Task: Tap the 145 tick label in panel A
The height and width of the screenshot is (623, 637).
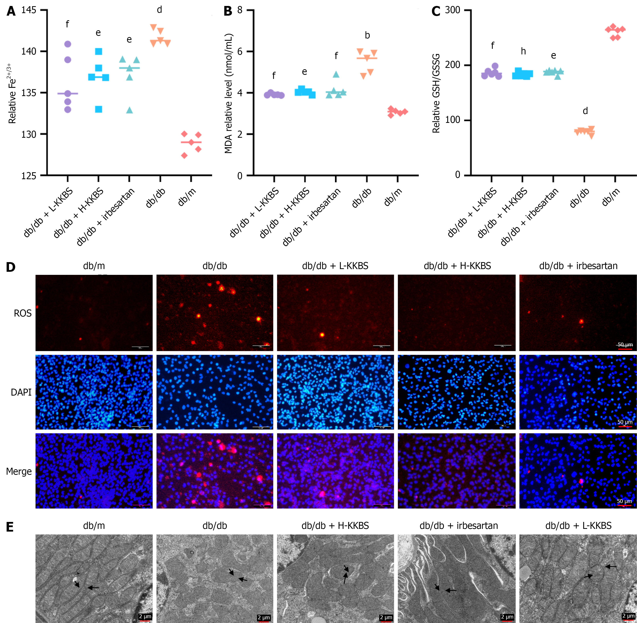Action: coord(29,10)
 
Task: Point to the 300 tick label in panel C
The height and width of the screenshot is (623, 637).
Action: coord(453,10)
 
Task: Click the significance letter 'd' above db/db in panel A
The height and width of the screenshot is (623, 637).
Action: coord(159,10)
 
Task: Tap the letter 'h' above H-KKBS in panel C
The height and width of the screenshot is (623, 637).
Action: coord(523,51)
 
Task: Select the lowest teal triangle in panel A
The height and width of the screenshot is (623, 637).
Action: coord(129,110)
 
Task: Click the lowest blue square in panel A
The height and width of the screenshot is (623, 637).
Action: coord(98,109)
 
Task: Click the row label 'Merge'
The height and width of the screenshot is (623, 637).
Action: coord(19,472)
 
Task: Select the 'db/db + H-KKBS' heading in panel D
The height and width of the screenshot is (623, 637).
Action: coord(457,266)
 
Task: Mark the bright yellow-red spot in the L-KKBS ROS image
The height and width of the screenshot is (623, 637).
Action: coord(322,335)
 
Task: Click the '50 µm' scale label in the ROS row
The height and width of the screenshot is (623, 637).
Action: coord(625,344)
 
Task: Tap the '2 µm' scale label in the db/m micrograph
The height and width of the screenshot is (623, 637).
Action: coord(145,616)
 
